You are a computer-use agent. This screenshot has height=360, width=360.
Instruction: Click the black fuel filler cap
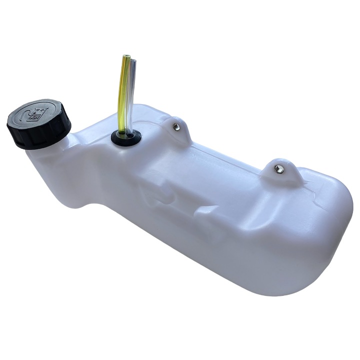point(38,123)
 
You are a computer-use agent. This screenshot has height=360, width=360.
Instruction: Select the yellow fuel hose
point(122,95)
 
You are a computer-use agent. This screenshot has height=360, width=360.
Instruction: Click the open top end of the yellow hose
point(126,57)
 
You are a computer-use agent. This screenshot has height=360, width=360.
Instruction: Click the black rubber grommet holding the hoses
point(125,137)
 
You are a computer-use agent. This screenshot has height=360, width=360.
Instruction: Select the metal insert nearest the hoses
point(176,127)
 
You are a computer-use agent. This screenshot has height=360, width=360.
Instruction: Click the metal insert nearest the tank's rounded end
point(279,169)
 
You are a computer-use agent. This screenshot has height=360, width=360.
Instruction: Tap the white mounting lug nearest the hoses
point(178,128)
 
